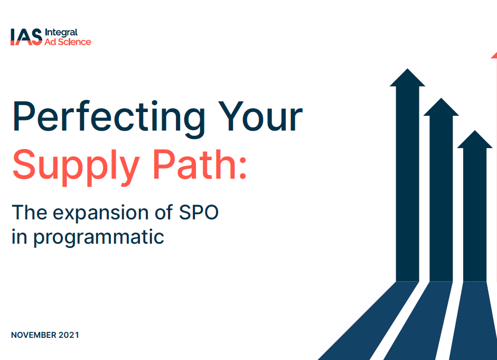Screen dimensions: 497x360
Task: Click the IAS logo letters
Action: (26, 37)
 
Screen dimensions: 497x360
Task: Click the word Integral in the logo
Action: (61, 33)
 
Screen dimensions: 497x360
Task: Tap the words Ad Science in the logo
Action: (68, 42)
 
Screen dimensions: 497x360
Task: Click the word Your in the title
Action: (260, 116)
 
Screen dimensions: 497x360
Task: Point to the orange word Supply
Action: (76, 167)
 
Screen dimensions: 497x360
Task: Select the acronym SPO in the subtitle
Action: (199, 212)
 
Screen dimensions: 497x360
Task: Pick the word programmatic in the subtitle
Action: (99, 237)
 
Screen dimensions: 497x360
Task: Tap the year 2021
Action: (69, 335)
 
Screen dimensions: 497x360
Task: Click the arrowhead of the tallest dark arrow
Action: (407, 77)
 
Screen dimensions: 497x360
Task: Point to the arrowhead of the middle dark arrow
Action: (441, 107)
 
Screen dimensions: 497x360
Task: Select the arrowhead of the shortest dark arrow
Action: (474, 139)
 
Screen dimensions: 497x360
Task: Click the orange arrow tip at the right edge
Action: (494, 55)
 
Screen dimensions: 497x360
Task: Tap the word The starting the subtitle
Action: (30, 212)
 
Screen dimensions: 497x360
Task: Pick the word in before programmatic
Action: (20, 237)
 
